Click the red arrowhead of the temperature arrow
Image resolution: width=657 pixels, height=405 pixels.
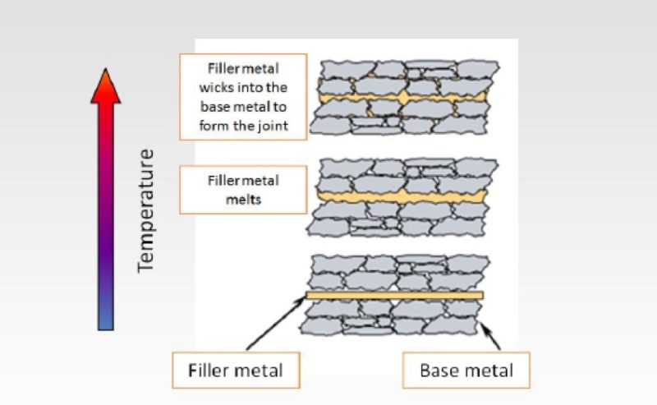click(105, 87)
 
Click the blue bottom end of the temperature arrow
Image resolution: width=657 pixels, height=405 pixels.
click(105, 320)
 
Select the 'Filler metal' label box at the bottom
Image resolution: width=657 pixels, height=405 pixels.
click(236, 370)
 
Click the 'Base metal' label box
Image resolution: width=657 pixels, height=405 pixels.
click(466, 370)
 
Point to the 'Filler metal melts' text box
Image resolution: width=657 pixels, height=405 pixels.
click(243, 190)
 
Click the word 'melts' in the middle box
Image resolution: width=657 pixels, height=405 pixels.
click(243, 200)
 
